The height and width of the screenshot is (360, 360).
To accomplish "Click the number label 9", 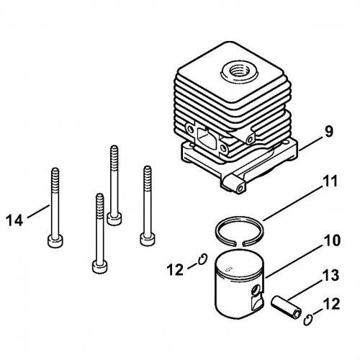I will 328,131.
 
